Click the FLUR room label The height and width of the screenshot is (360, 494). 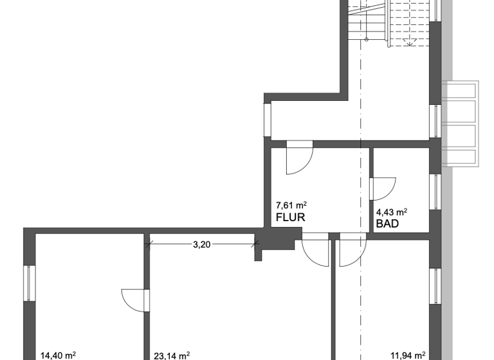click(x=290, y=217)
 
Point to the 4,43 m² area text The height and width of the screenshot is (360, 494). click(x=392, y=212)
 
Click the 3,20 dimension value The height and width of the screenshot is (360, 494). click(x=203, y=244)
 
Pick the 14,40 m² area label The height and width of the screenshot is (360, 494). click(x=59, y=354)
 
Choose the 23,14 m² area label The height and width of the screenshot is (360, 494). click(x=172, y=354)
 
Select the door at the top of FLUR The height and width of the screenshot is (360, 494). click(x=299, y=157)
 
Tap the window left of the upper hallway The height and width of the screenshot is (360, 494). click(x=267, y=119)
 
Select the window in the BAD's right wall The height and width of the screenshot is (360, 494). click(x=435, y=190)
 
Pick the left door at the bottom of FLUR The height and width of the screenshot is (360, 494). click(x=316, y=251)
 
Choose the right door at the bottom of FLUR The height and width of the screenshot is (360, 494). click(x=352, y=251)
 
